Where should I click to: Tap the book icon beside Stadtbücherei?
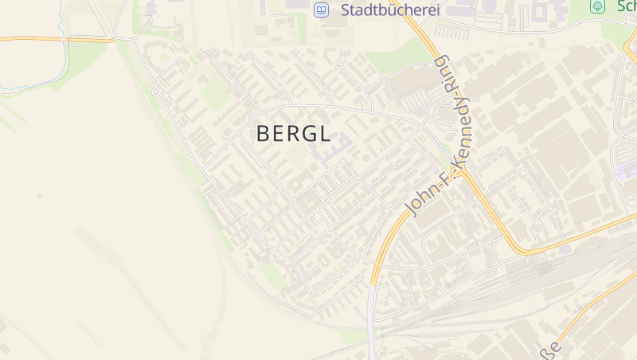pos(321,10)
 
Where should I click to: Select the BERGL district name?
pos(293,134)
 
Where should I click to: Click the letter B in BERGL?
pos(263,134)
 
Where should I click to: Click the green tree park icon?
pos(596,6)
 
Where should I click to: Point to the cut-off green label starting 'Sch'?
pos(623,6)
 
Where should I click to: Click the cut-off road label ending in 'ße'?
pos(553,347)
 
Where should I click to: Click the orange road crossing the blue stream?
pos(64,38)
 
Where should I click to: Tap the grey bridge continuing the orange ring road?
pos(372,319)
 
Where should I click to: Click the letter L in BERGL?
pos(324,134)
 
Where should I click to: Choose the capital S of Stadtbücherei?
pos(346,10)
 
